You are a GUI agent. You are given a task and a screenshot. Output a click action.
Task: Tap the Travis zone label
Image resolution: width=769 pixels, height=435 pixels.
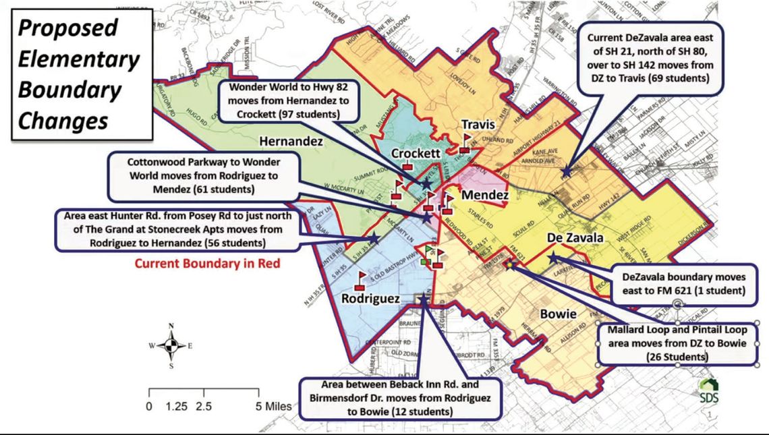479,124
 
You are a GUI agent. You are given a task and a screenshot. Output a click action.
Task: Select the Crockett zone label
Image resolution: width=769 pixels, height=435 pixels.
416,154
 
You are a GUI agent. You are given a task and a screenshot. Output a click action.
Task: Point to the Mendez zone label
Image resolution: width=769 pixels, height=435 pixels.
486,195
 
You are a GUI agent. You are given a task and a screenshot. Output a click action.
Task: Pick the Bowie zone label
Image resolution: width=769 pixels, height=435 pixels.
558,314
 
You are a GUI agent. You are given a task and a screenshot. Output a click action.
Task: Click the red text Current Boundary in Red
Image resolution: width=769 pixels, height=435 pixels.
207,264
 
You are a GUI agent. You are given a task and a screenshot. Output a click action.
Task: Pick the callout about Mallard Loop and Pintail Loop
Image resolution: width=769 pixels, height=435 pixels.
677,343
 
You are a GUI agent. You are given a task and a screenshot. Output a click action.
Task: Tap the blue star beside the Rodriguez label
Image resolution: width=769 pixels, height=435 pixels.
424,299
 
